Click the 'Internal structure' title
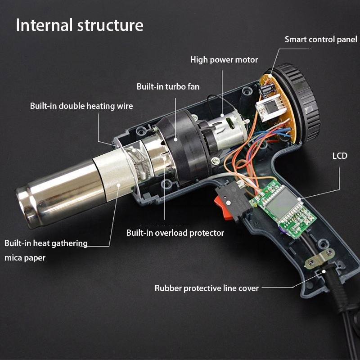point(80,25)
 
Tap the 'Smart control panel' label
point(321,40)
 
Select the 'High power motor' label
point(224,59)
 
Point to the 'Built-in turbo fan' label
point(168,86)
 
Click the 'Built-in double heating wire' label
point(81,106)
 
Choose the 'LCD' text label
point(340,156)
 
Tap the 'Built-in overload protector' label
point(175,233)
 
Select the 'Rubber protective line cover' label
point(207,288)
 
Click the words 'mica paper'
point(25,258)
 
